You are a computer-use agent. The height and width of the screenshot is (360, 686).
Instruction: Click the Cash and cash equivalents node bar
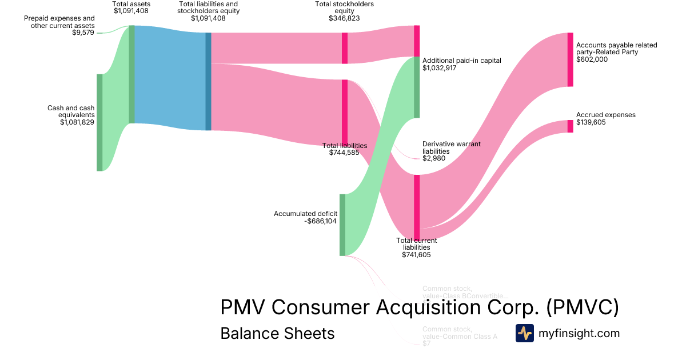tap(99, 122)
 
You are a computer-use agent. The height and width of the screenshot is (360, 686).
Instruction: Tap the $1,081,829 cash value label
tap(77, 122)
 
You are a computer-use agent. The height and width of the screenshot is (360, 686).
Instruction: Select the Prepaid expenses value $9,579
tap(82, 33)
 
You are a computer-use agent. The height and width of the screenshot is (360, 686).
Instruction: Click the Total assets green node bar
tap(132, 74)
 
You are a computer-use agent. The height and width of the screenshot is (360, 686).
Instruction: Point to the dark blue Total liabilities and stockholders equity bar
tap(208, 81)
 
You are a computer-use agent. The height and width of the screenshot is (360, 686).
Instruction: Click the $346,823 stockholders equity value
tap(344, 18)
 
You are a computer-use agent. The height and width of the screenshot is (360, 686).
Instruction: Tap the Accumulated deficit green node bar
tap(342, 225)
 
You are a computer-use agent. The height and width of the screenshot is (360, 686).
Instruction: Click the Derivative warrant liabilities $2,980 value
tap(434, 158)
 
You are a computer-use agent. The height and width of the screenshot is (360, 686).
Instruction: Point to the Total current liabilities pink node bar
tap(417, 207)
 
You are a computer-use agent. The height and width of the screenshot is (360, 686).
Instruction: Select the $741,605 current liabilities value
tap(416, 255)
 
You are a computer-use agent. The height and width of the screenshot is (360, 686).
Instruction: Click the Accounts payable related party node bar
tap(570, 59)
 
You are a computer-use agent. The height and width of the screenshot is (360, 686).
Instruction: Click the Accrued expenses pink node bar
tap(570, 126)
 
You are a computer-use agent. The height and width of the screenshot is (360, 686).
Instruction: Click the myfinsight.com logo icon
tap(524, 333)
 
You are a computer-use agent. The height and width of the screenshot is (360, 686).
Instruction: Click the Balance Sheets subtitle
tap(277, 333)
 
